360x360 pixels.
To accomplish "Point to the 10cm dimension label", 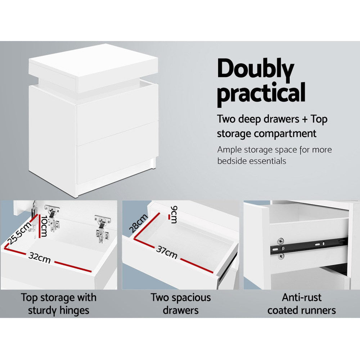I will tap(44, 227).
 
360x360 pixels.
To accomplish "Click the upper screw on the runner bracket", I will tap(280, 240).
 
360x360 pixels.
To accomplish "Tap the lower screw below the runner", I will tap(281, 256).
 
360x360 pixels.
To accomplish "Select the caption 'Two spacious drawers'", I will tap(181, 303).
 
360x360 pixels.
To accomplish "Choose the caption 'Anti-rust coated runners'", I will tap(302, 303).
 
